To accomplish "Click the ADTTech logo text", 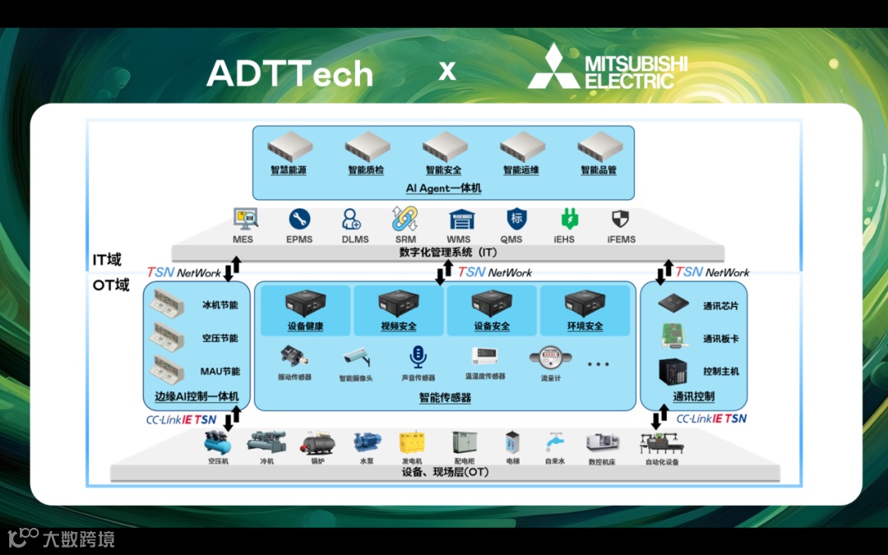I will (289, 73).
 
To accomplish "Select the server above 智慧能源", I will (289, 149).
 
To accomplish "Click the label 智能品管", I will (599, 171).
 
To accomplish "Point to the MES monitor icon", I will (245, 219).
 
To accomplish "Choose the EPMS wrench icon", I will (299, 220).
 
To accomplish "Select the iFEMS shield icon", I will (620, 220).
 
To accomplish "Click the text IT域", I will (106, 260).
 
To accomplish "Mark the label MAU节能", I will (220, 371).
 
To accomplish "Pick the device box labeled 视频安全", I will (399, 304).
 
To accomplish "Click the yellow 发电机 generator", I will (412, 443).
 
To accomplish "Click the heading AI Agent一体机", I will (443, 188).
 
